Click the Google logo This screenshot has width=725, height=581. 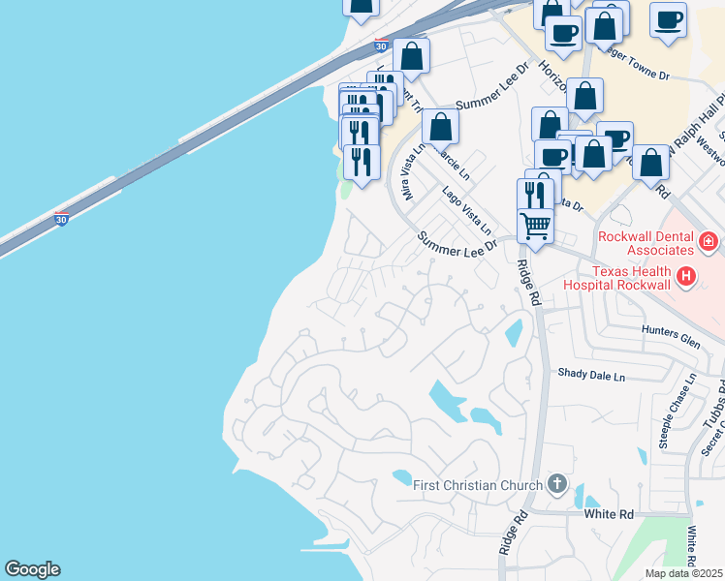coord(32,569)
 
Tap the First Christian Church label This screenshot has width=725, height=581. coord(478,485)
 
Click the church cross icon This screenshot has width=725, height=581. coord(556,483)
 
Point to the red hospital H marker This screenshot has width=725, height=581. coord(687,278)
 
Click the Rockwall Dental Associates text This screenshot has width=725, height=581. coord(646,243)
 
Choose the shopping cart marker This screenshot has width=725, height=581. coord(535,226)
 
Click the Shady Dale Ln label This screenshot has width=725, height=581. coord(591,374)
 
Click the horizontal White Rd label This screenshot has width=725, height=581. coord(608,514)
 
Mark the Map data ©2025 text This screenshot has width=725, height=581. coord(683,573)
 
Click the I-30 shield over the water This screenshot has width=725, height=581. coord(62,221)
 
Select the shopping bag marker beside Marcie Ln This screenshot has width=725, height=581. coord(440,127)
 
